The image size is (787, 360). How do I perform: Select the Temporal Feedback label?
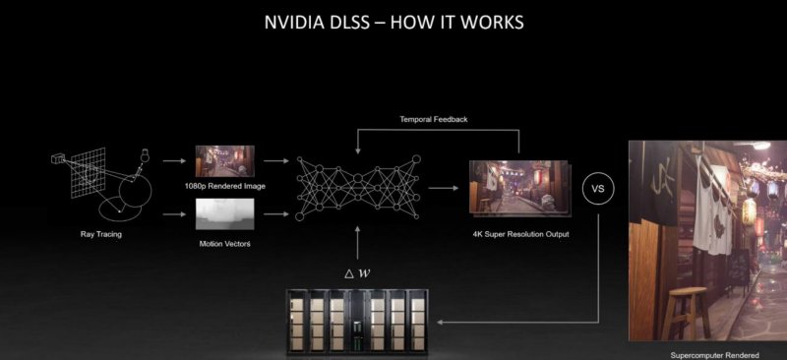click(x=434, y=119)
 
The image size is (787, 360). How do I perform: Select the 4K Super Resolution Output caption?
click(x=519, y=234)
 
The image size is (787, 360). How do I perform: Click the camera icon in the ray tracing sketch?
click(x=58, y=157)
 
